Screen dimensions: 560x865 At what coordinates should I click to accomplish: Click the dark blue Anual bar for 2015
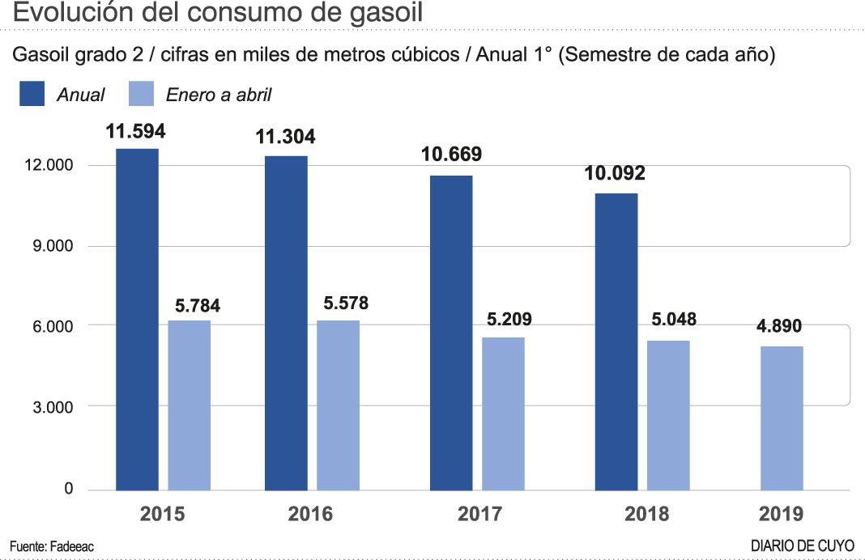coord(137,319)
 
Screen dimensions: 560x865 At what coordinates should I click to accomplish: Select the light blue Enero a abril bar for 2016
coord(338,405)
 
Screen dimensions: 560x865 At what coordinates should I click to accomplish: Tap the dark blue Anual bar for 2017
coord(451,333)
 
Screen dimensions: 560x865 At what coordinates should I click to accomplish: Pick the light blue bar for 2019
coord(782,418)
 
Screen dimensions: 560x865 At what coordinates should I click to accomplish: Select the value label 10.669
coord(451,155)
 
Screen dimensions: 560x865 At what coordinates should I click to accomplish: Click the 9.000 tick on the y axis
coord(50,246)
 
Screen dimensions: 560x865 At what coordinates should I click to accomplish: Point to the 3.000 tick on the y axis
coord(50,406)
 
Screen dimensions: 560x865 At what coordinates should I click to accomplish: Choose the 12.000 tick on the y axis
coord(47,165)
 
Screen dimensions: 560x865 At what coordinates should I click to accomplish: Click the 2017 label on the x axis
coord(479,514)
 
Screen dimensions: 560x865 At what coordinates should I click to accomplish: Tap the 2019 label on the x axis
coord(782,514)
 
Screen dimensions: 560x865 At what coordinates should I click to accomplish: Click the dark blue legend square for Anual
coord(32,95)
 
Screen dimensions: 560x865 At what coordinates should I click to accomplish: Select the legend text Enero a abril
coord(219,95)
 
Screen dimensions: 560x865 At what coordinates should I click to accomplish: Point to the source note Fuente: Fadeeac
coord(52,546)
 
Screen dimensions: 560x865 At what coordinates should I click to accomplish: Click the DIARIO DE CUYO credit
coord(802,546)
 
